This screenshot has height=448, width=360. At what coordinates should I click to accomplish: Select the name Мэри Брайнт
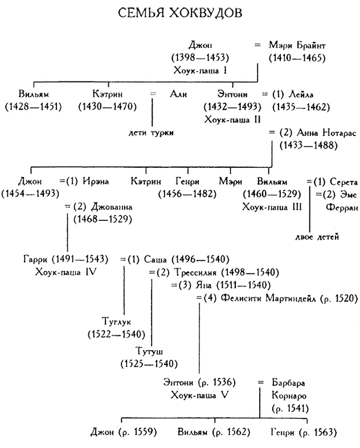[298, 46]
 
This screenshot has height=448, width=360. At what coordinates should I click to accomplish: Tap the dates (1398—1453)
[200, 57]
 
